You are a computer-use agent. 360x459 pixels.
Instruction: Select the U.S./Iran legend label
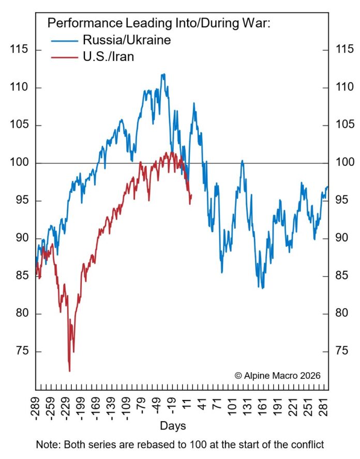click(108, 56)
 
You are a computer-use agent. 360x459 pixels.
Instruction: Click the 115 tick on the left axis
click(19, 50)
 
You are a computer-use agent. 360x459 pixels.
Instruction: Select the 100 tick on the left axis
click(19, 163)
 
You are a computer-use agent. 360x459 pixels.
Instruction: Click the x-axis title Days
click(173, 426)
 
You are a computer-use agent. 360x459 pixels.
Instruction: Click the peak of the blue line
click(163, 74)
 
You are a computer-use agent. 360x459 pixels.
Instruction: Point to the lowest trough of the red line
click(69, 371)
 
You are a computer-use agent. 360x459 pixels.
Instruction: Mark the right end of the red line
click(191, 195)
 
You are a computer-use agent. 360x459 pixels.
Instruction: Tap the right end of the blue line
click(327, 187)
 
